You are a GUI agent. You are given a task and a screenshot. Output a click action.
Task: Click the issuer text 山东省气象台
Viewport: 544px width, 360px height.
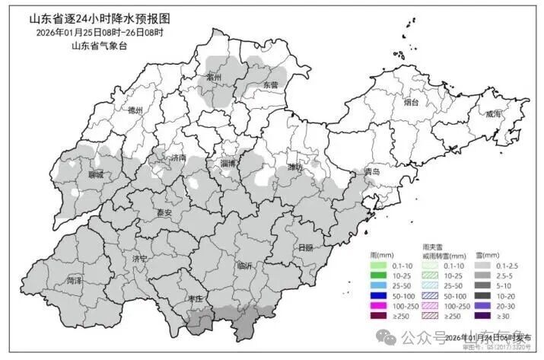(99, 46)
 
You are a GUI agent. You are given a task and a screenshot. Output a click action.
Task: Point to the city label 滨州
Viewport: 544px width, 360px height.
(214, 77)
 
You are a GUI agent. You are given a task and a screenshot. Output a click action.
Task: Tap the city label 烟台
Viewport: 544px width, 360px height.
(412, 102)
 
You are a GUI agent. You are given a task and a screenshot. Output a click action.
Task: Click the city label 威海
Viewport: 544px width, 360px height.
(493, 113)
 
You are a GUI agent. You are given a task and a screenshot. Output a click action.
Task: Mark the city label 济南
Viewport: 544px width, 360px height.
(179, 158)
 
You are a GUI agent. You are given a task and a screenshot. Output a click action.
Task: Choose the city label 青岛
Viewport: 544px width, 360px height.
(371, 172)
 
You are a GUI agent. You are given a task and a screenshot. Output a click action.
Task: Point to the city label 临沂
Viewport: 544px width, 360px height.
(245, 266)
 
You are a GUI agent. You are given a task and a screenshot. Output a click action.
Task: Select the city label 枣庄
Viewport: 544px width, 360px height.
(196, 300)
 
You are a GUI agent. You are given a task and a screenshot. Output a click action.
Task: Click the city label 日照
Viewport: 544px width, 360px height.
(306, 248)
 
